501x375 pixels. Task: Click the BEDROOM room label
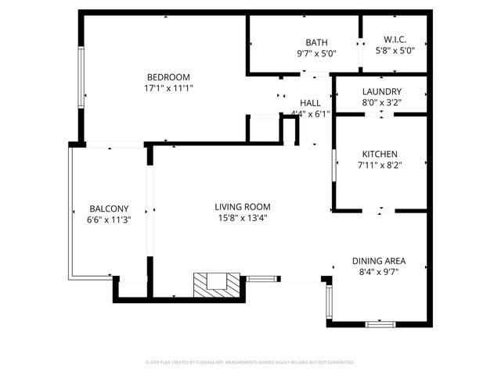tap(168, 77)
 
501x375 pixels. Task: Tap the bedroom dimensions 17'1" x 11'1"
tap(168, 88)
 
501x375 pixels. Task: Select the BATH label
tap(316, 43)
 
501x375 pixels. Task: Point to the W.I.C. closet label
tap(394, 40)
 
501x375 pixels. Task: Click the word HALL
tap(310, 102)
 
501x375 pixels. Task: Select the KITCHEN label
tap(379, 154)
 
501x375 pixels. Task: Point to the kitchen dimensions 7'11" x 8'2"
tap(379, 165)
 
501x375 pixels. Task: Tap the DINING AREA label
tap(379, 261)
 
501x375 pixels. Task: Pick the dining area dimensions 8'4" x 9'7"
tap(379, 273)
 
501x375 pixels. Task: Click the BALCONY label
tap(109, 209)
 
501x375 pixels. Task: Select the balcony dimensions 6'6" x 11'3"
tap(109, 220)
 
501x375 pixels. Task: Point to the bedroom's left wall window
tap(81, 78)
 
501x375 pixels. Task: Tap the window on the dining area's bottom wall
tap(380, 323)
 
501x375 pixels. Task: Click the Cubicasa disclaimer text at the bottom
tap(250, 362)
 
